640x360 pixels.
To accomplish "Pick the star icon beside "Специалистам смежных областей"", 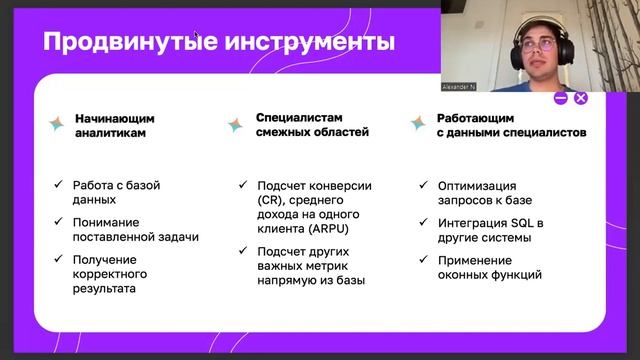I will [236, 124].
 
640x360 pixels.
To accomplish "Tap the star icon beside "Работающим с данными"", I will [419, 123].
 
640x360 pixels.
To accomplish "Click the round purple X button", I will [581, 97].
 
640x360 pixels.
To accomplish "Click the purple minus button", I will [561, 97].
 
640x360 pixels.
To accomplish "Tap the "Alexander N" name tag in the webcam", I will [461, 87].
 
